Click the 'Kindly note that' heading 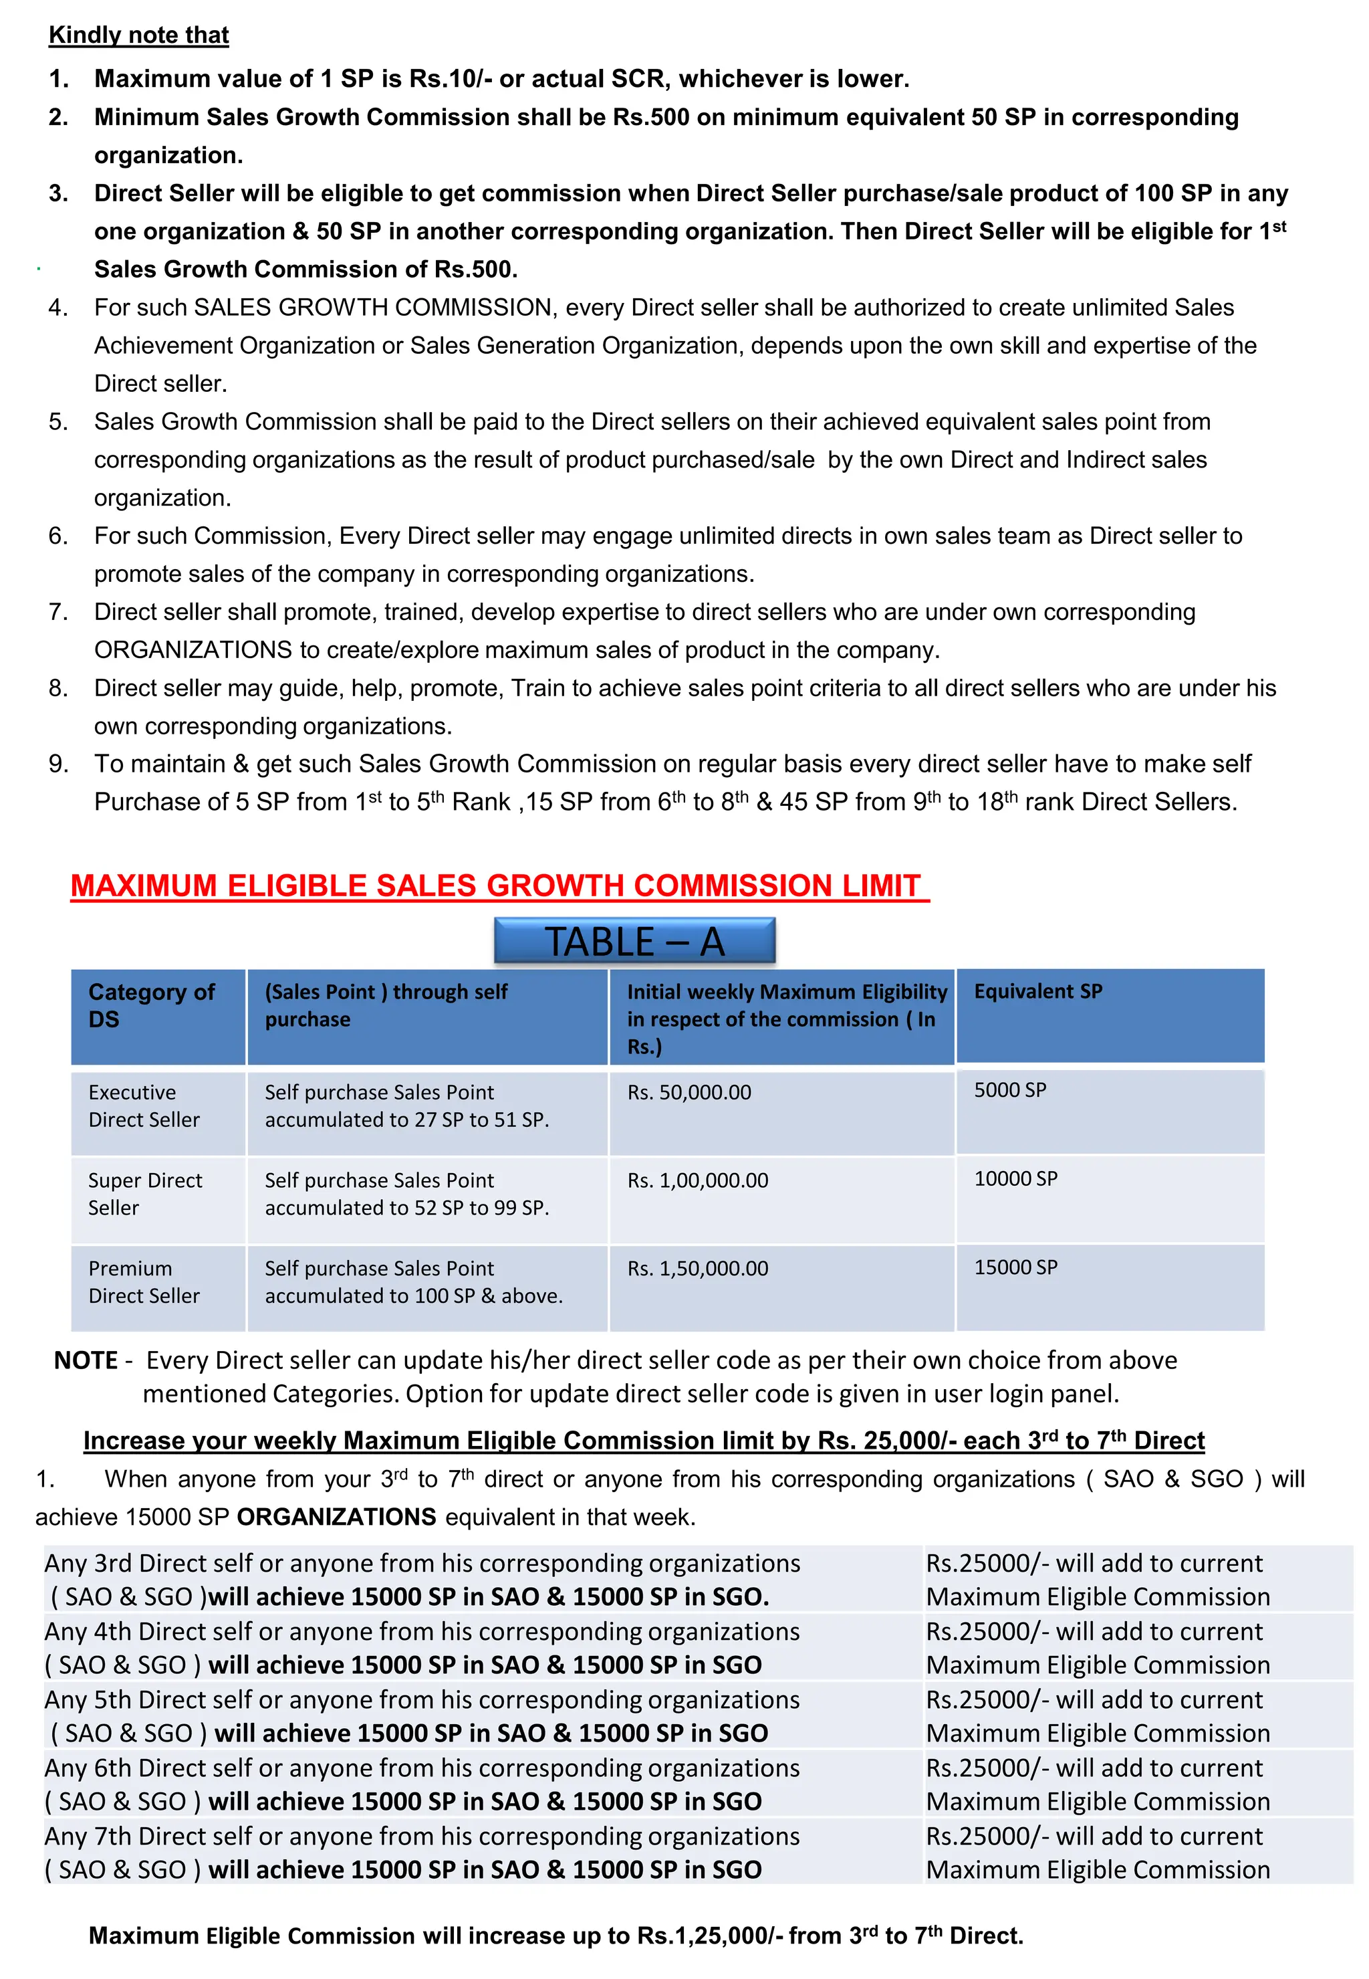click(138, 35)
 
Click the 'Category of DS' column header click(151, 1005)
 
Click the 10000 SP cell click(1015, 1178)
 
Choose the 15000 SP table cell click(1015, 1267)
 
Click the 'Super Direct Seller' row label click(144, 1194)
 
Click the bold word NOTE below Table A click(86, 1360)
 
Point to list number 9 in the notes click(57, 764)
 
